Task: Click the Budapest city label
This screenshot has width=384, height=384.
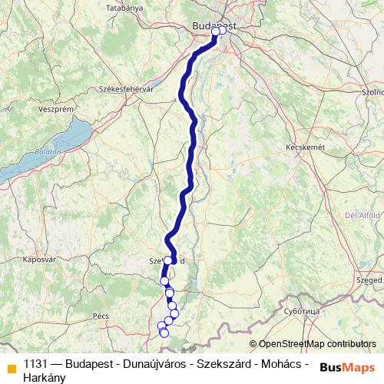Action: point(213,25)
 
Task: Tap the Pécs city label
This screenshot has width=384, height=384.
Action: point(101,316)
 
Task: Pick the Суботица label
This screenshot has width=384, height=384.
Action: point(301,313)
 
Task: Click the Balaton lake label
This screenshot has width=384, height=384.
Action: point(48,153)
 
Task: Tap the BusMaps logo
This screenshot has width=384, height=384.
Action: point(347,368)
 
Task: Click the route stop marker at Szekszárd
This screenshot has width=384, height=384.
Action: point(168,260)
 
